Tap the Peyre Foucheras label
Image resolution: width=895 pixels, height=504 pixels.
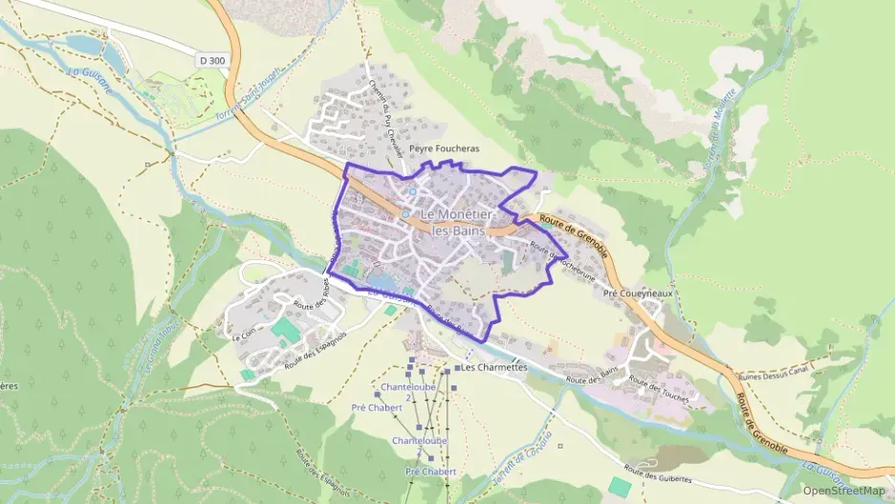[444, 149]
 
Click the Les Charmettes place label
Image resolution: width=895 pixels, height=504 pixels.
[493, 367]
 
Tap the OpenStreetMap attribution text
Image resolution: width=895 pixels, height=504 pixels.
[843, 491]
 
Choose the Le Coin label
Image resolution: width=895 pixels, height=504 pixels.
[239, 334]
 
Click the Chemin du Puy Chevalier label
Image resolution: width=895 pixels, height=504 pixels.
[387, 119]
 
